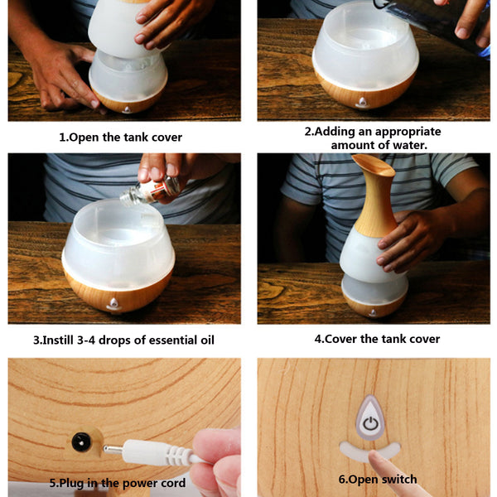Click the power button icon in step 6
370,423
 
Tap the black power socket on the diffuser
81,442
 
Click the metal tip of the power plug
113,449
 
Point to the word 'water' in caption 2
410,145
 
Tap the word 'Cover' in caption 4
340,339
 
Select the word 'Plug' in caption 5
72,484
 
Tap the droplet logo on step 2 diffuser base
362,103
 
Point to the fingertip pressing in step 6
375,457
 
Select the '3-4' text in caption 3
86,340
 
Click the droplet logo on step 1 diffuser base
127,109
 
